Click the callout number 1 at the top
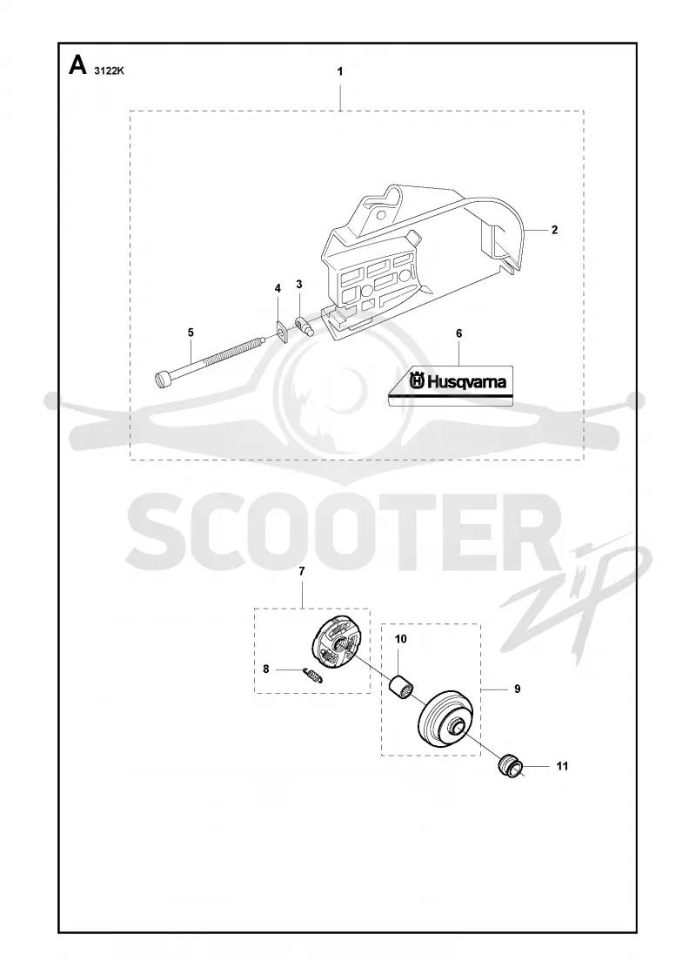(x=340, y=71)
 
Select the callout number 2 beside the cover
(x=555, y=230)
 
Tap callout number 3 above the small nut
(x=299, y=284)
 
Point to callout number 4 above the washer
(x=278, y=288)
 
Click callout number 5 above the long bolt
(x=191, y=333)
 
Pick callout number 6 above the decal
(x=459, y=334)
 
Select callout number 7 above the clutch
(x=302, y=571)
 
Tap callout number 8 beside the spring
(x=266, y=669)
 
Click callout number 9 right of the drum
(x=518, y=689)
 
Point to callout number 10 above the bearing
(x=401, y=639)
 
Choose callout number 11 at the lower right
(x=562, y=767)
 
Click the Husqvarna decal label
(x=452, y=386)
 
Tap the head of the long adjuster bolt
(x=163, y=380)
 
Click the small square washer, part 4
(x=282, y=332)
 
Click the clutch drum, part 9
(x=446, y=722)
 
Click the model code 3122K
(x=110, y=71)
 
